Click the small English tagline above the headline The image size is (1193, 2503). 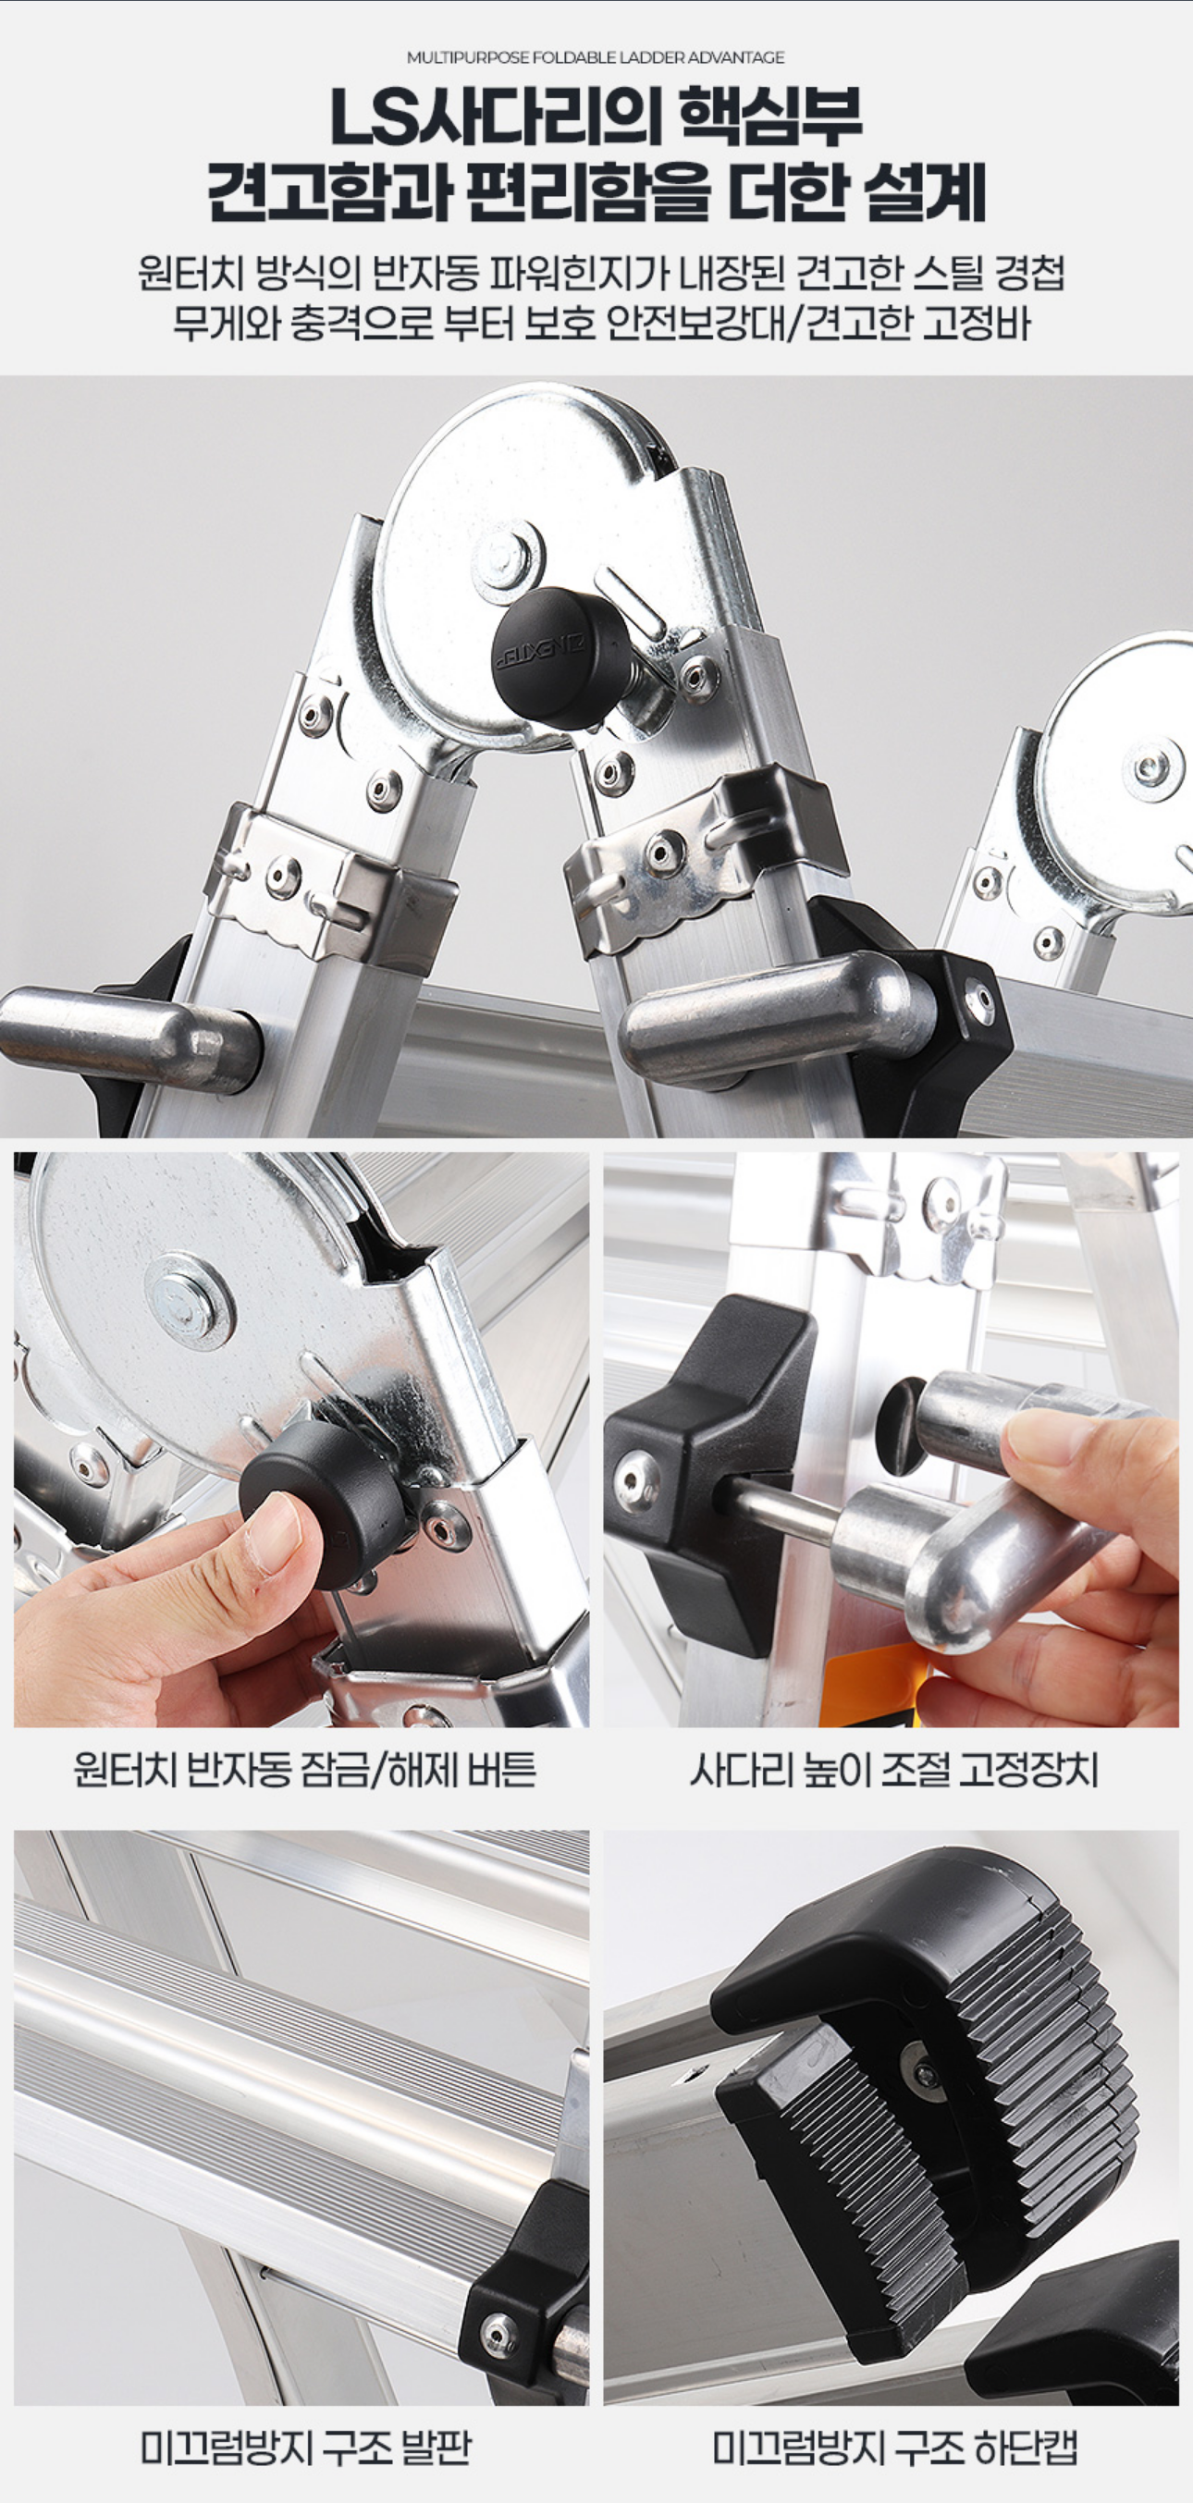tap(596, 57)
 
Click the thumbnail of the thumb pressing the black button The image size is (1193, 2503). tap(301, 1439)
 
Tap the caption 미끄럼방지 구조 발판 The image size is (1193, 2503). tap(305, 2447)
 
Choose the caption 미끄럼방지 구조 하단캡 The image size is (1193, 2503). tap(893, 2447)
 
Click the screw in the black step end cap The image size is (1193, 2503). tap(499, 2334)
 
